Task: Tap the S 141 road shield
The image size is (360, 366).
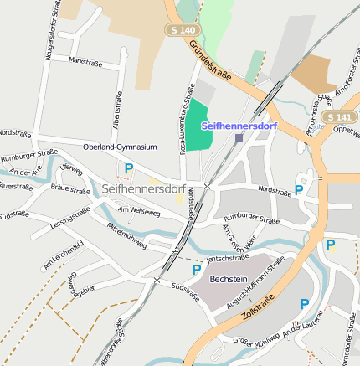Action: pos(340,116)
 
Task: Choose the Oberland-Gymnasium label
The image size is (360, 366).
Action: pos(120,147)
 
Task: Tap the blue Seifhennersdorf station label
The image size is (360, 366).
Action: pos(239,125)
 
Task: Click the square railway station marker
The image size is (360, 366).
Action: pos(239,137)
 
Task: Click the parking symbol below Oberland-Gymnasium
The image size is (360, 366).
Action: pos(128,169)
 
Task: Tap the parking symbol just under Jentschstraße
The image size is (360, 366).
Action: pos(196,270)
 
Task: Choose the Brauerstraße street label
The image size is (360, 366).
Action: pos(70,191)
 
